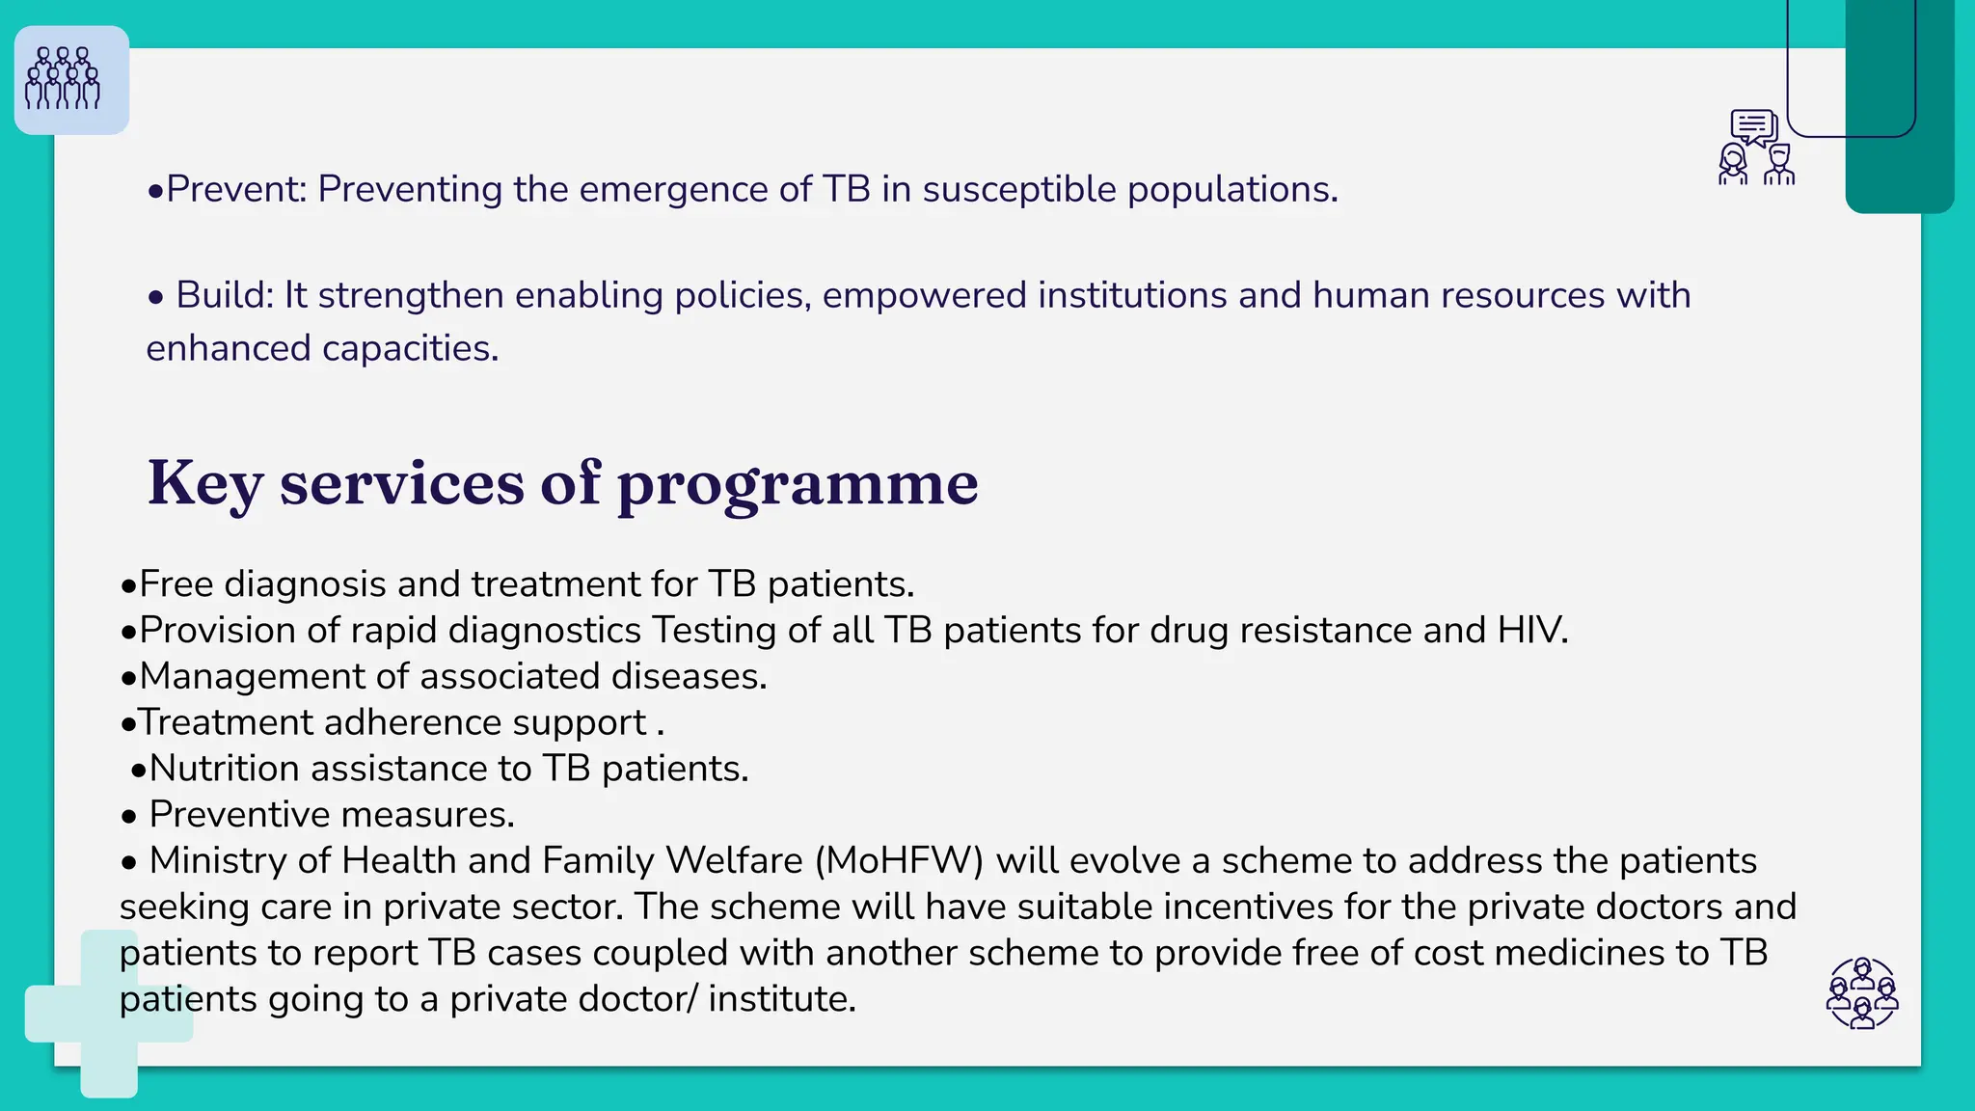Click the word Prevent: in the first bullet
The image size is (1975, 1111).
pos(236,189)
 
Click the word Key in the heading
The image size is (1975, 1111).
pos(204,482)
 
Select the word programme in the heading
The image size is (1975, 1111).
pos(798,484)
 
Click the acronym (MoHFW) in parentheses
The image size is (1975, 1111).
pos(899,860)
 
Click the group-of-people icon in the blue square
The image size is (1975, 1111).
pos(64,79)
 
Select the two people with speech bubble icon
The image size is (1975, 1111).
pos(1756,148)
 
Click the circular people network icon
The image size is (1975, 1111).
pos(1862,993)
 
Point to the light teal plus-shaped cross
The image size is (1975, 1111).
pos(109,1015)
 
